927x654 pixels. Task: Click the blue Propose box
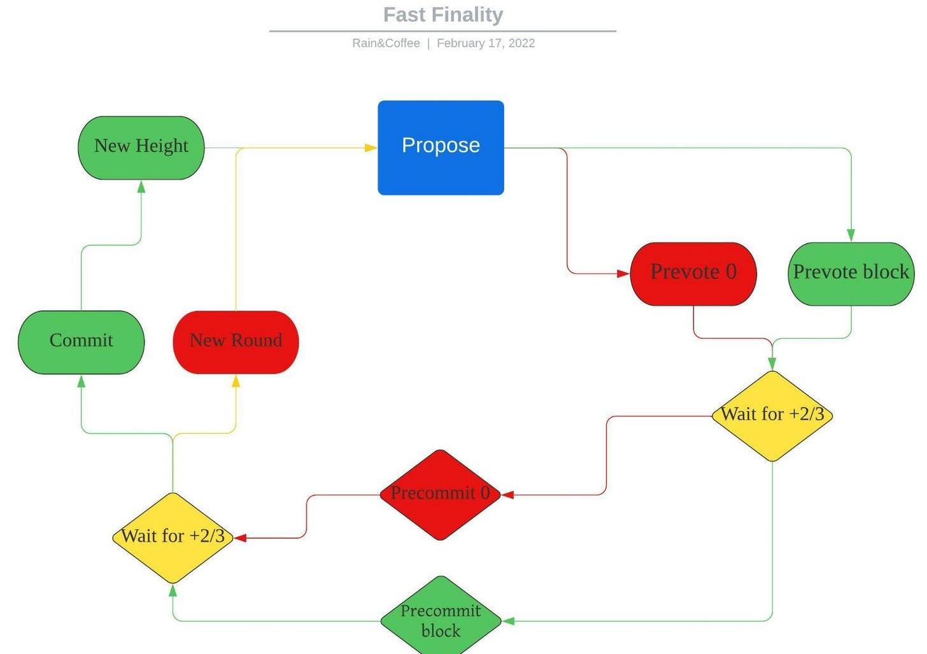tap(441, 147)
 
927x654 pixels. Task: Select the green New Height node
tap(141, 148)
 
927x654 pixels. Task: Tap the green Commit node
tap(81, 342)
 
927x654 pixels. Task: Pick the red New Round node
tap(236, 342)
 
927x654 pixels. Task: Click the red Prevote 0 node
tap(693, 273)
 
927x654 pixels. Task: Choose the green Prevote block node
tap(851, 273)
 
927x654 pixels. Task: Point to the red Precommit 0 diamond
tap(440, 494)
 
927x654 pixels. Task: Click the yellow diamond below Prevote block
tap(772, 415)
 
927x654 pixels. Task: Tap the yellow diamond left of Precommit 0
tap(173, 537)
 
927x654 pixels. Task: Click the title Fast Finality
tap(443, 15)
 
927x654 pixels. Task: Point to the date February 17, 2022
tap(485, 43)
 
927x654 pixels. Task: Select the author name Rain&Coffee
tap(386, 43)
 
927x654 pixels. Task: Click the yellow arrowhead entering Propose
tap(371, 148)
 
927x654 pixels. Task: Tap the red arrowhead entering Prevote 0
tap(623, 274)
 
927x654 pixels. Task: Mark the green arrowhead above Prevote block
tap(851, 235)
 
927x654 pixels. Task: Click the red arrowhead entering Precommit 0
tap(508, 494)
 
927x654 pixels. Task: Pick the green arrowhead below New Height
tap(141, 187)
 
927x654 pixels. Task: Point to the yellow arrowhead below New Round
tap(236, 381)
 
